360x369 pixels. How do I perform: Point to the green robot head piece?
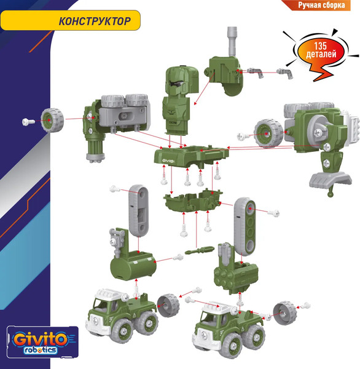[179, 95]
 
